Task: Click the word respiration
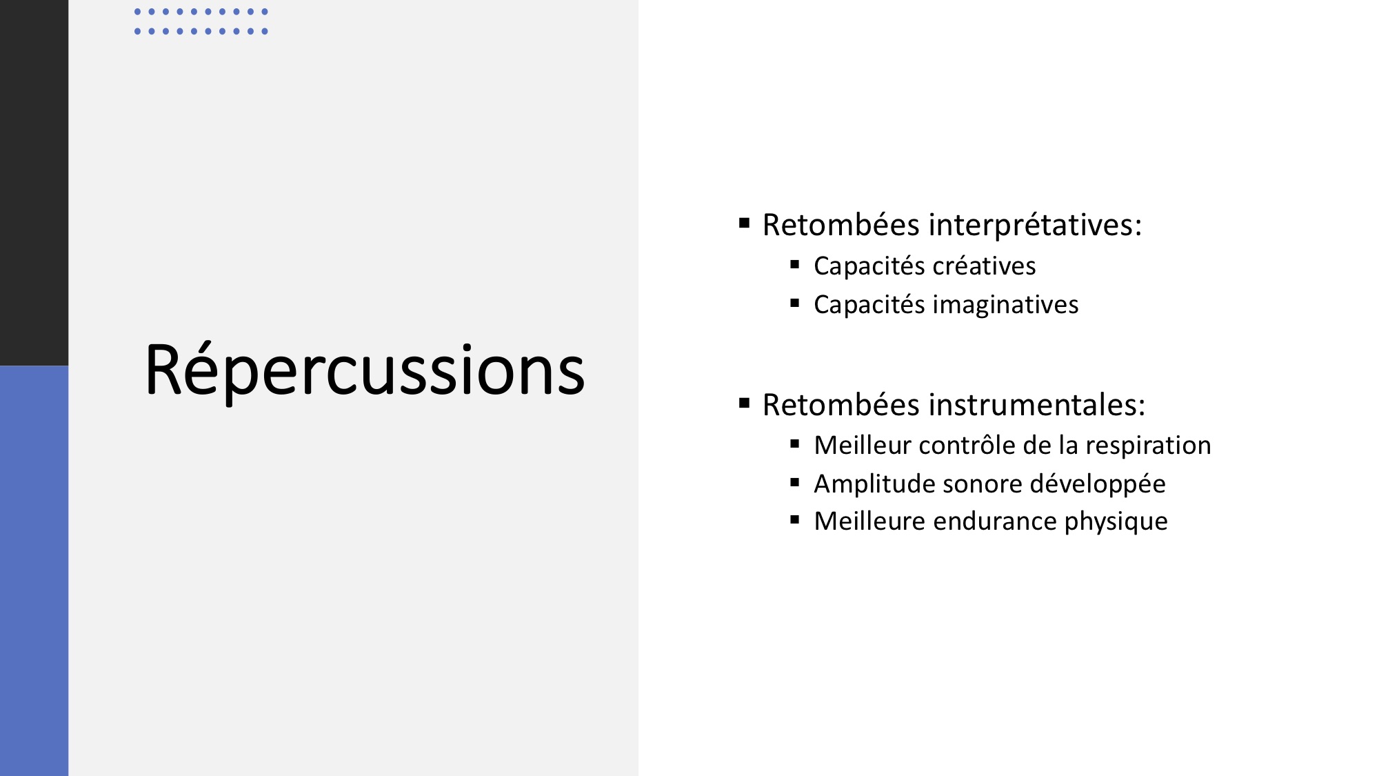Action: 1148,446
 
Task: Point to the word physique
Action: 1116,522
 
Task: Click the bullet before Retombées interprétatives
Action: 744,223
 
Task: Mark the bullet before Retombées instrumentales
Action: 744,403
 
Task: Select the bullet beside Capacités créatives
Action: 795,264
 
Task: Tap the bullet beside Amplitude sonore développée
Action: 795,483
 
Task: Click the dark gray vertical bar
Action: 34,183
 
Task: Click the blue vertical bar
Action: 34,571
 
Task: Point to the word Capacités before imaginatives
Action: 869,305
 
